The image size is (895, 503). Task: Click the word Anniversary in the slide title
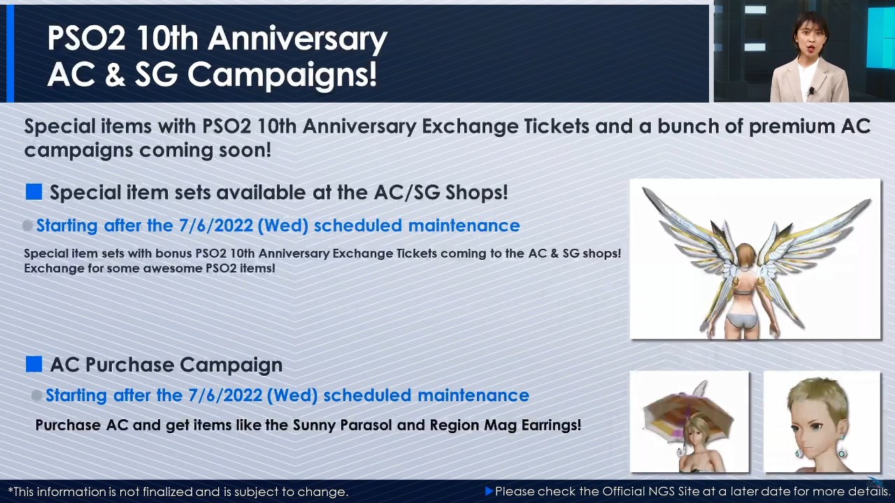298,39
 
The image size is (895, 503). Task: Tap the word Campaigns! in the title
282,75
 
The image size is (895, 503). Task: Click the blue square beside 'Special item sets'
34,191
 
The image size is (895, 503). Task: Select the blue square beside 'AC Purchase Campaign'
34,364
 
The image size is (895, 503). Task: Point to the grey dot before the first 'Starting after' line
27,226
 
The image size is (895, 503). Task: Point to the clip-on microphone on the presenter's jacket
812,92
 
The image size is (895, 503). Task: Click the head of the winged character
745,256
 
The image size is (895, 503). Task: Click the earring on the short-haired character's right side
841,451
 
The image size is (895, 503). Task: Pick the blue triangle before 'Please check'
489,491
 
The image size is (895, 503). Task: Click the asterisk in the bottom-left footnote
10,490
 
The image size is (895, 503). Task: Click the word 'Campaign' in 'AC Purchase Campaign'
231,365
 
